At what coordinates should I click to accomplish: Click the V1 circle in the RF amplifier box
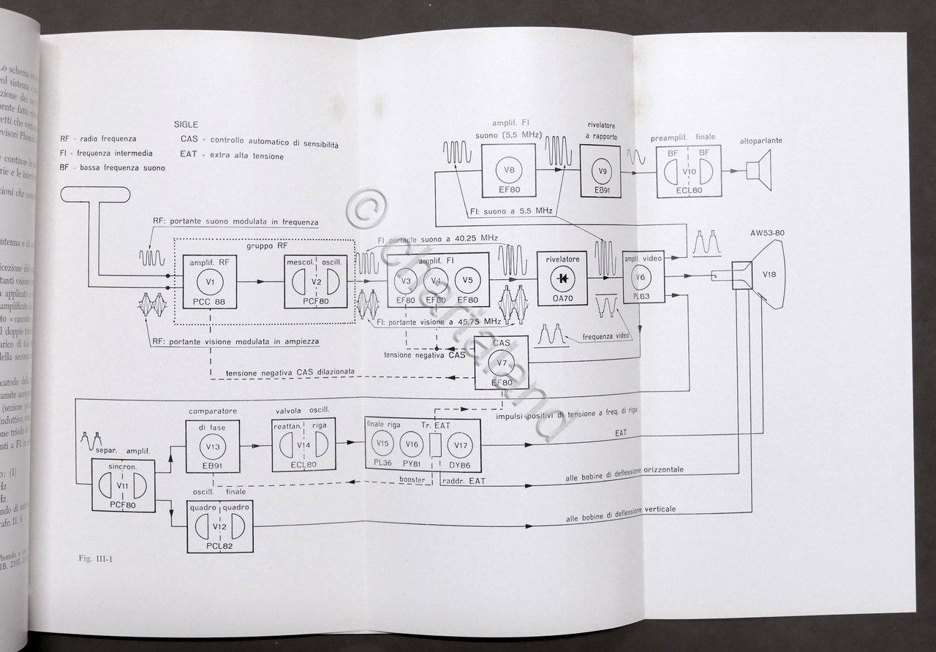click(x=208, y=281)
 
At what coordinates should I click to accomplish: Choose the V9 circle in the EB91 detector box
click(x=604, y=173)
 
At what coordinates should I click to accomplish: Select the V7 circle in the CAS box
click(x=502, y=363)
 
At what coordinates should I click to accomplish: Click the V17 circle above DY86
click(x=460, y=443)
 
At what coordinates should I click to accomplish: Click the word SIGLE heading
click(x=186, y=125)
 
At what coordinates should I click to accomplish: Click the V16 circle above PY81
click(x=412, y=443)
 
